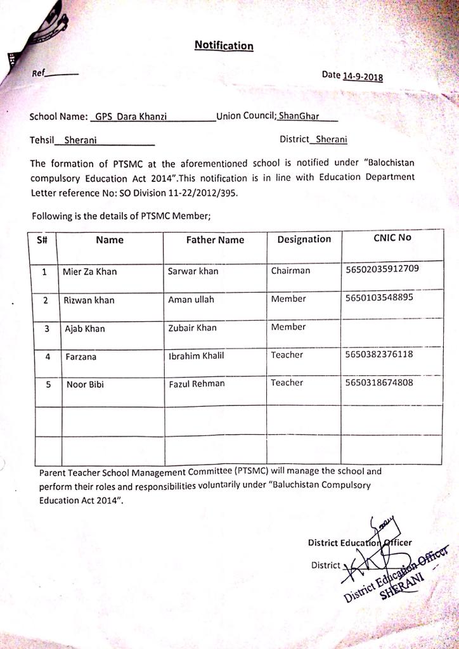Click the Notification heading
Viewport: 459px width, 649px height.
(224, 46)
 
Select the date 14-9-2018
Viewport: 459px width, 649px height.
(363, 76)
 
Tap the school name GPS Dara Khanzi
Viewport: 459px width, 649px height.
(131, 117)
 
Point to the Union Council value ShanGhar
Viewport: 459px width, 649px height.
(299, 117)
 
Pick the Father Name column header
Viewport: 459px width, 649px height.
(215, 240)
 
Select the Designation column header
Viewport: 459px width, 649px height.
(304, 239)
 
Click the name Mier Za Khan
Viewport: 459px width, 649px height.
(89, 272)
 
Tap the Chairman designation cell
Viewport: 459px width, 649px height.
(290, 271)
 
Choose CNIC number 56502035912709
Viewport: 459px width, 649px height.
(382, 269)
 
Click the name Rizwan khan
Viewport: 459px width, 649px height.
(89, 300)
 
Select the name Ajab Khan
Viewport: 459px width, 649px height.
(85, 329)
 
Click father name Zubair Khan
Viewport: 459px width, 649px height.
(192, 328)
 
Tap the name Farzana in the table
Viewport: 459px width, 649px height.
(82, 357)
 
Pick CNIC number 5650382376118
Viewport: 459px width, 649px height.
(379, 354)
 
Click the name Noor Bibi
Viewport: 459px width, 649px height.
(84, 385)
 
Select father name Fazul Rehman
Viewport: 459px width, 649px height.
(197, 384)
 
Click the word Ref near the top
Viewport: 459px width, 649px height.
(39, 73)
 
